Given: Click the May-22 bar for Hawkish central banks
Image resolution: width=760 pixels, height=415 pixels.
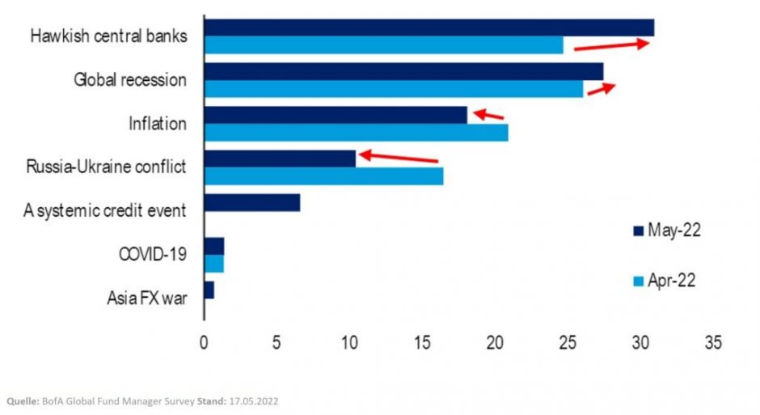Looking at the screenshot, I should coord(429,28).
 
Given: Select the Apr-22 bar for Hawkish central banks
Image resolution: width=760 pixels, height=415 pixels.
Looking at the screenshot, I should coord(383,45).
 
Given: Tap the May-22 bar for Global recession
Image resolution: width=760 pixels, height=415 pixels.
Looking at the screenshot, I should coord(403,71).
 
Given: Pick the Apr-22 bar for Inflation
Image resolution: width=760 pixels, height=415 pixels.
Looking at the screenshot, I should coord(356,133).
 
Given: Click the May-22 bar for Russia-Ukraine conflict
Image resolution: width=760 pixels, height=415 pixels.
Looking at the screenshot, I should coord(280,159).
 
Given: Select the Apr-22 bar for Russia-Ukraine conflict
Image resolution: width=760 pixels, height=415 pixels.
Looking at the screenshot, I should coord(323,176).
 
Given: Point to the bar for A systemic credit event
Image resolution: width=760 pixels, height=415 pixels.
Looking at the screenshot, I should coord(252,202).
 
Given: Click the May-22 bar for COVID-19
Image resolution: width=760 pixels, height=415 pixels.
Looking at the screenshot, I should coord(214,246).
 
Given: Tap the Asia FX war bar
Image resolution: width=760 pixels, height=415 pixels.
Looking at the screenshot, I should coord(209,290).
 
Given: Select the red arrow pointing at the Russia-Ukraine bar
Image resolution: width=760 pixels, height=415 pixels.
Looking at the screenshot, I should coord(398,156).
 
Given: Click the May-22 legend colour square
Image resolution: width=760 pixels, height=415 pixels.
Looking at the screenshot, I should coord(637,231).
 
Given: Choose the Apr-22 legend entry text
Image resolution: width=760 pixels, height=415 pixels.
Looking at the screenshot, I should coord(672,281).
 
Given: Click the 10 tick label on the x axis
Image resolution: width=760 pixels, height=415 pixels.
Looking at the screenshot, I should coord(349,342).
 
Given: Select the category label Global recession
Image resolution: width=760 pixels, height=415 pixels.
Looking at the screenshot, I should coord(130,80).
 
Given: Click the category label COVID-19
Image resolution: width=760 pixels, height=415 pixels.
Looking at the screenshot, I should coord(153,254).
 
